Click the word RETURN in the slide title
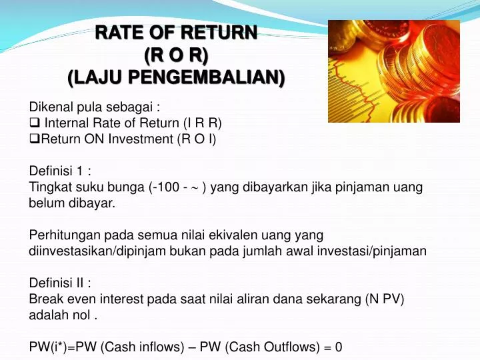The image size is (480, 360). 219,32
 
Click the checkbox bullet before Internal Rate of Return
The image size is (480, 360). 35,123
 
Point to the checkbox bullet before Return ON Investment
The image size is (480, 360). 35,139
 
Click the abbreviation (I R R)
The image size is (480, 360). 202,123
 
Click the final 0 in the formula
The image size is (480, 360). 339,347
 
